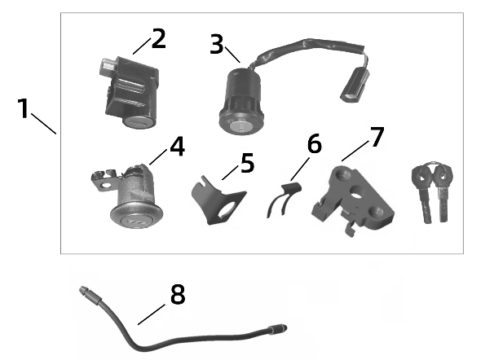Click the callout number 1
pyautogui.click(x=24, y=108)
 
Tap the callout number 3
pyautogui.click(x=216, y=44)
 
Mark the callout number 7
pyautogui.click(x=376, y=136)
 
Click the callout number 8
pyautogui.click(x=177, y=294)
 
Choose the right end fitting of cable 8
pyautogui.click(x=278, y=329)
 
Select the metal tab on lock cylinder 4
pyautogui.click(x=101, y=178)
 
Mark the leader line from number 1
pyautogui.click(x=44, y=122)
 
